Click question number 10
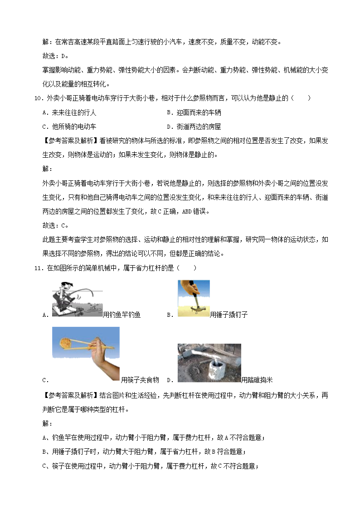point(38,98)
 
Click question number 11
point(38,268)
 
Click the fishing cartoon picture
point(78,299)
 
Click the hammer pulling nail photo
point(194,298)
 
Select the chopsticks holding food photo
point(86,354)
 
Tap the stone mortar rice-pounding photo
point(209,363)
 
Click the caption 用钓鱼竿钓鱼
point(122,315)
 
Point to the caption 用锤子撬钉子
point(229,315)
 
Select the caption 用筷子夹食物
point(140,380)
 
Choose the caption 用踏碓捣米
point(257,380)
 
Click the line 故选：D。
point(55,56)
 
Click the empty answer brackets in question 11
point(187,268)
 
